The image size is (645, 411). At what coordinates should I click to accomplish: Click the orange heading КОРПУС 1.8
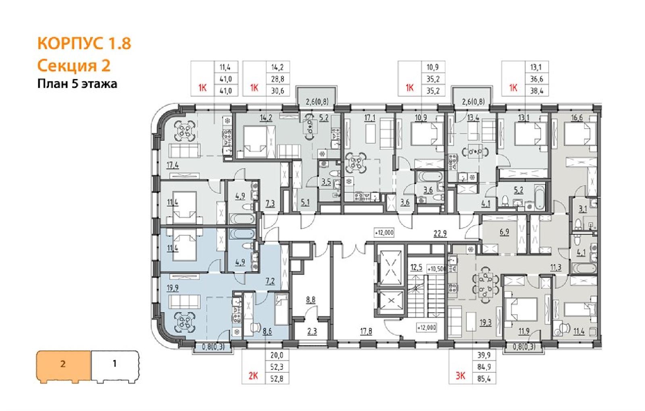84,44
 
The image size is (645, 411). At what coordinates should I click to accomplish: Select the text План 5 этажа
77,84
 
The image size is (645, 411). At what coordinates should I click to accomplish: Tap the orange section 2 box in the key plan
63,365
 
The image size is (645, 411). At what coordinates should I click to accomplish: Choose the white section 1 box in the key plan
115,364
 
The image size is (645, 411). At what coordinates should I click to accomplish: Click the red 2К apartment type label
253,376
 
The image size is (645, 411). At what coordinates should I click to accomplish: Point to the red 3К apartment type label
460,376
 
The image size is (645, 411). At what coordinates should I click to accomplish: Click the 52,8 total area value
277,379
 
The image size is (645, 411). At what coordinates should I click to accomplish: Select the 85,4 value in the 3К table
484,379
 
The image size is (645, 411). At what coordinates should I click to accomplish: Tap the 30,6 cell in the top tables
278,91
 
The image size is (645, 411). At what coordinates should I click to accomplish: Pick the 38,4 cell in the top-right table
537,91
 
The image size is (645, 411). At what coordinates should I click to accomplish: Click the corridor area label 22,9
440,234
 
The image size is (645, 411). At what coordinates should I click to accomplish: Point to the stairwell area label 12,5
416,268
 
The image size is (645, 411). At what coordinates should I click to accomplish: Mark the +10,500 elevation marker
437,269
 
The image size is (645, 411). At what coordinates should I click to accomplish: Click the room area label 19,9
173,288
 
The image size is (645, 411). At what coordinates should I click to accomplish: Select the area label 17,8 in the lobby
366,332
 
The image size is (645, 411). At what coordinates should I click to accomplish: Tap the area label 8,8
311,300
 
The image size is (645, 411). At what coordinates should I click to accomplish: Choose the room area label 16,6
577,118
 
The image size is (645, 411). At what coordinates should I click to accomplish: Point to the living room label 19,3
485,323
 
